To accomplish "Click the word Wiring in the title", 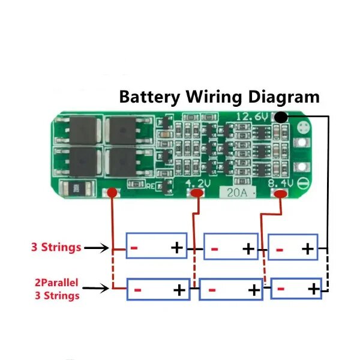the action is point(214,97).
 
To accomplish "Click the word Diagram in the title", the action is point(284,97).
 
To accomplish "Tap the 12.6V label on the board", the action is point(252,116).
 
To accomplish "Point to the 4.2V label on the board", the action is point(197,184).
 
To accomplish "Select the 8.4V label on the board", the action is point(281,184).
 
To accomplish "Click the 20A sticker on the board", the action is point(238,193).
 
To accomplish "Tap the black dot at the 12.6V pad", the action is point(281,118).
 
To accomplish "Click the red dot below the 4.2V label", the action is point(197,193).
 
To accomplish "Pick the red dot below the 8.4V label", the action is point(281,194).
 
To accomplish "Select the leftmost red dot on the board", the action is point(112,193).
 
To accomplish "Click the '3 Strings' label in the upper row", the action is point(56,247).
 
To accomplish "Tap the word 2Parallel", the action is point(56,283).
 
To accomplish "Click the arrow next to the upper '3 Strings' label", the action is point(97,248).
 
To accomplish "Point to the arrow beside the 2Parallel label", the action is point(96,288).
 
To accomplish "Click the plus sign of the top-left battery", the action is point(177,248).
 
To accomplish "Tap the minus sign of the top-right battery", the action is point(280,250).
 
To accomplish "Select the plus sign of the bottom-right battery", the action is point(314,289).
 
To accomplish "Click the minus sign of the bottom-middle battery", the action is point(212,290).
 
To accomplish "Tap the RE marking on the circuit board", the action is point(151,186).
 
